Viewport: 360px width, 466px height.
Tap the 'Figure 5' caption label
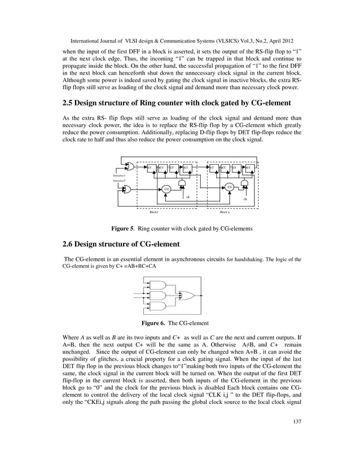click(x=122, y=229)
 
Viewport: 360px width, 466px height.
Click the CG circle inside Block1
click(x=167, y=189)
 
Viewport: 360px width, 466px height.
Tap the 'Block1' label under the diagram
click(x=153, y=212)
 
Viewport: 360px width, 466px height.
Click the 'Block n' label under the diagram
click(x=224, y=212)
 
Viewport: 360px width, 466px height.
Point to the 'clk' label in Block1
click(x=187, y=197)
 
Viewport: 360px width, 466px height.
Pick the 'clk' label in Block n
click(x=244, y=199)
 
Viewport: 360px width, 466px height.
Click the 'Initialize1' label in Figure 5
click(x=119, y=176)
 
